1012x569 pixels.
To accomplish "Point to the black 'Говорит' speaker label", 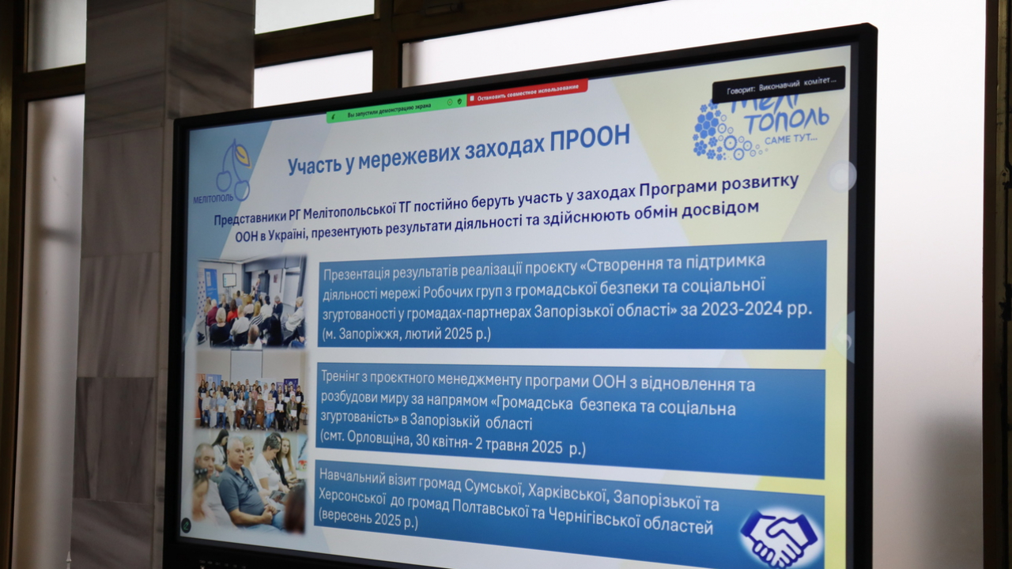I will pos(778,84).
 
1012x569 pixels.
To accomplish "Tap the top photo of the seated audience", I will pos(251,302).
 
